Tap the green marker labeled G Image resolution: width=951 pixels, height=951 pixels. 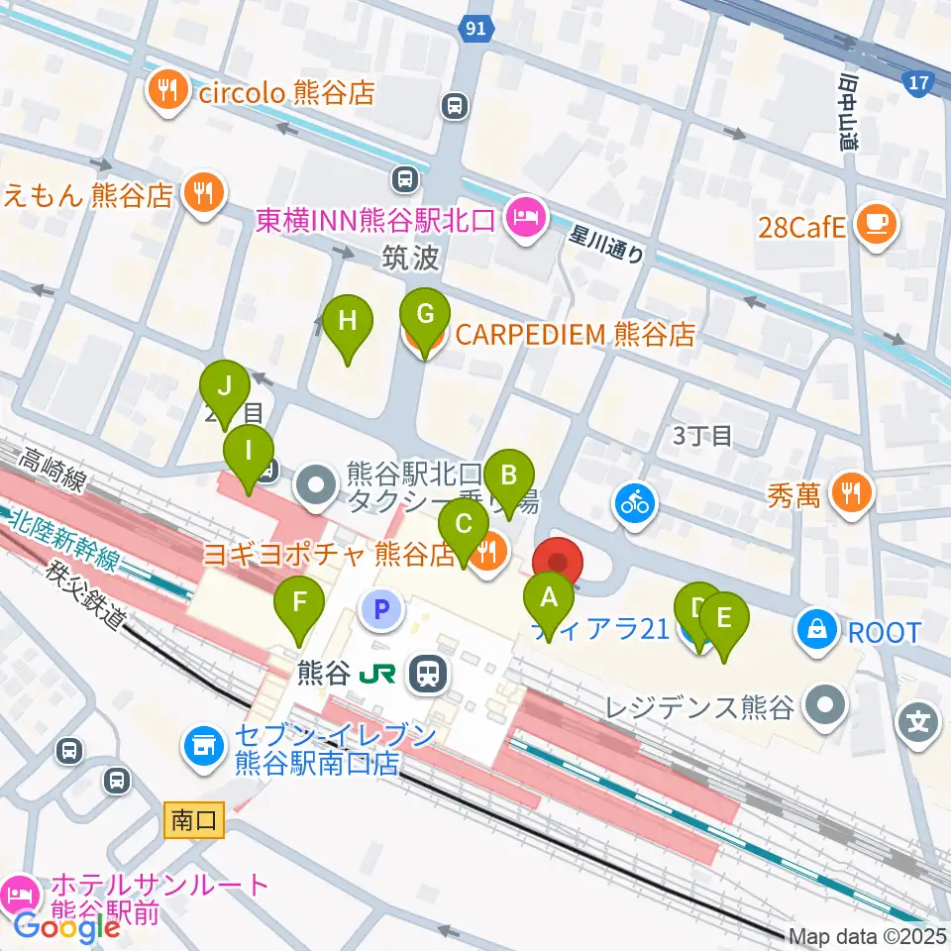click(424, 315)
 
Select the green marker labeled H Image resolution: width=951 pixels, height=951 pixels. click(348, 320)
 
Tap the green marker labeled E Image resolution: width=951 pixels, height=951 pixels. click(723, 618)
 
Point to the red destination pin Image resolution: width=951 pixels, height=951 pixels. click(558, 562)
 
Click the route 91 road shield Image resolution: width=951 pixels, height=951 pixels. click(476, 29)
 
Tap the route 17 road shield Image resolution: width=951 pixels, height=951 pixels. click(918, 82)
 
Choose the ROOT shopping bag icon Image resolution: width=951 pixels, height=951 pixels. click(817, 631)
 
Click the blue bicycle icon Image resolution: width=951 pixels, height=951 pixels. click(634, 503)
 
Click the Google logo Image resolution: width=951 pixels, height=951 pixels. click(66, 927)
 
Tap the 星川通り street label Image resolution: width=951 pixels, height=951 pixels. click(607, 246)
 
